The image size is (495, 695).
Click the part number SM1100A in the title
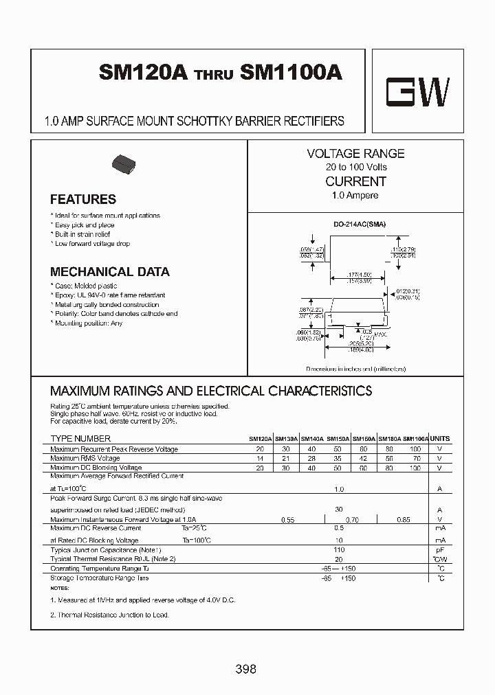point(291,73)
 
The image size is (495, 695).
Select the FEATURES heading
point(83,200)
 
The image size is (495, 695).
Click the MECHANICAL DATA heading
point(109,271)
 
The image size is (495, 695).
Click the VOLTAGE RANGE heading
point(355,154)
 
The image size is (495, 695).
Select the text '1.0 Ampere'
point(355,196)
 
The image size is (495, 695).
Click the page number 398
point(245,668)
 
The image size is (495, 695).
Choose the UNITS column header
point(439,438)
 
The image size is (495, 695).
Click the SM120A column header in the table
point(260,439)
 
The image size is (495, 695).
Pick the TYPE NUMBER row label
point(80,438)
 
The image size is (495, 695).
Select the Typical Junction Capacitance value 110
point(338,551)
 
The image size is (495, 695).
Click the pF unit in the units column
point(439,551)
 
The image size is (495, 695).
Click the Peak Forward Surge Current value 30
point(338,510)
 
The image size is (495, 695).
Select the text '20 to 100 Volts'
point(356,168)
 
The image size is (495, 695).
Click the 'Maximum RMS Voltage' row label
point(85,458)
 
